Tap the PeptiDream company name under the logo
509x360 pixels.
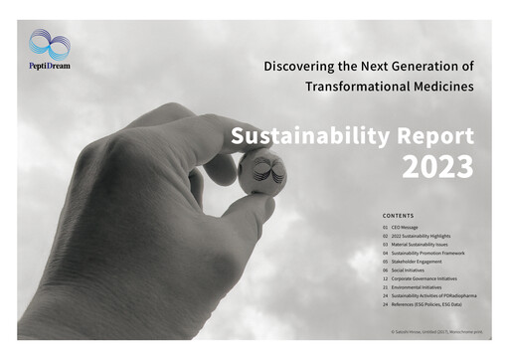[x=50, y=66]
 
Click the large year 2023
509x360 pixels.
[x=436, y=168]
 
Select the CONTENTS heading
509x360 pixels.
[x=400, y=215]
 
